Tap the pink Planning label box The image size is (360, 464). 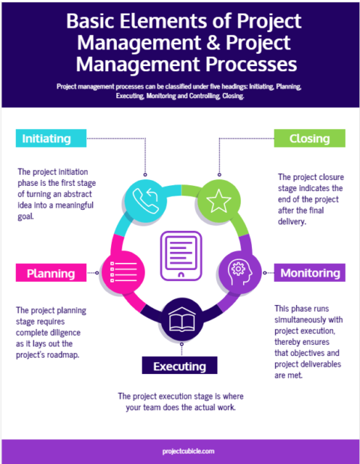tap(51, 273)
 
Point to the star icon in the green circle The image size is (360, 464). tap(217, 199)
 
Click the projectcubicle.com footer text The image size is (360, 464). tap(180, 451)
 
